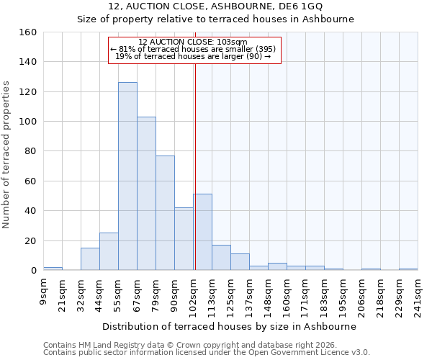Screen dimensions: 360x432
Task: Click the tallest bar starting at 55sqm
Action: point(127,176)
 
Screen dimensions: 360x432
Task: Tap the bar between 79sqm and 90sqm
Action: point(165,212)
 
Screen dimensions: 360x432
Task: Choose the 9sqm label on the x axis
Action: point(44,292)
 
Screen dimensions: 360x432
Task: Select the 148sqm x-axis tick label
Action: point(269,295)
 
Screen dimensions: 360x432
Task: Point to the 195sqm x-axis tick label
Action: point(343,295)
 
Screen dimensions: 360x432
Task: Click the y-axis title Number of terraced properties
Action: point(7,155)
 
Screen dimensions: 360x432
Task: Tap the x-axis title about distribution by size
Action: point(234,326)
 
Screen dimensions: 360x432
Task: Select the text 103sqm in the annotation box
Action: point(231,42)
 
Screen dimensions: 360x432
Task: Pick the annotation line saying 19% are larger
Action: point(194,56)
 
